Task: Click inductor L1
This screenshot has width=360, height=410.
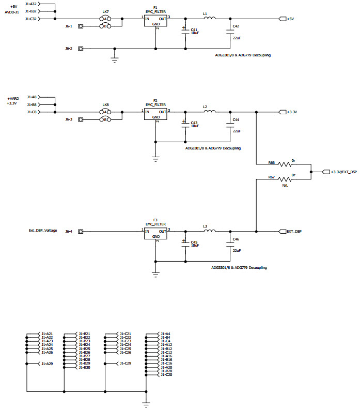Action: click(209, 19)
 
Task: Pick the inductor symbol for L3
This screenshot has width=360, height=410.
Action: click(209, 231)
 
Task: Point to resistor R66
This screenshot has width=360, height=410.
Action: click(286, 164)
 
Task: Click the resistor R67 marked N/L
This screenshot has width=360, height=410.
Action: click(286, 179)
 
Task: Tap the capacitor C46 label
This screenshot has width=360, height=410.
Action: click(236, 239)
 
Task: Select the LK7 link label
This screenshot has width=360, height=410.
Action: click(106, 11)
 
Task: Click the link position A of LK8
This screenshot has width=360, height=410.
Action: click(105, 112)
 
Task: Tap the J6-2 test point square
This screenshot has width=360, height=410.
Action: click(81, 49)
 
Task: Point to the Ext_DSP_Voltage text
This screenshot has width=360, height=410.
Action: click(42, 231)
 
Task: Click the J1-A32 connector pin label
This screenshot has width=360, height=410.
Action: click(45, 3)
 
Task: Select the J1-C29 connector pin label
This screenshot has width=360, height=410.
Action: click(125, 363)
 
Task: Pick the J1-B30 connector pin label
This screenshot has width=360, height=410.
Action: click(84, 367)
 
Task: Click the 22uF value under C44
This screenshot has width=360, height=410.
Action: click(237, 131)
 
